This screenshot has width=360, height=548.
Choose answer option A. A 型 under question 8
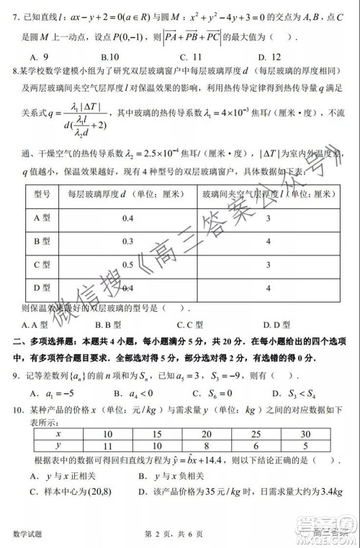(x=35, y=325)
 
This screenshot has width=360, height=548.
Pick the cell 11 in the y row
(x=108, y=446)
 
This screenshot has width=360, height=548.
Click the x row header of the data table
(x=58, y=434)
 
